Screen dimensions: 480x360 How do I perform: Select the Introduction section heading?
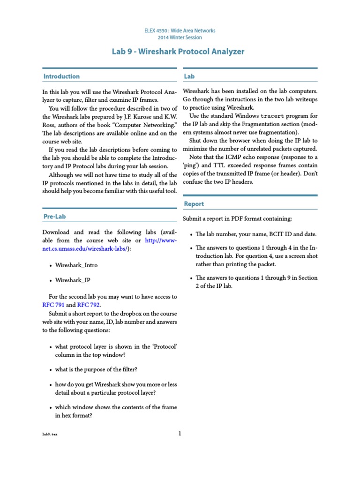click(61, 76)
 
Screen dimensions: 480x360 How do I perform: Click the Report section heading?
click(194, 204)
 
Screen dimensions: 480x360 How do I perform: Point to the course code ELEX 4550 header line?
click(180, 30)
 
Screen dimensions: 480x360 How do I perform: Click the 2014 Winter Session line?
click(180, 37)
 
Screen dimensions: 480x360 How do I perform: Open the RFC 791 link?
click(53, 305)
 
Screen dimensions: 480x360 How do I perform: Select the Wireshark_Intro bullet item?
click(76, 265)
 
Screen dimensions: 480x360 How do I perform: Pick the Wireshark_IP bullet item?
click(73, 280)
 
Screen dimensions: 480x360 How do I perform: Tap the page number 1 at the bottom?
click(180, 433)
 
